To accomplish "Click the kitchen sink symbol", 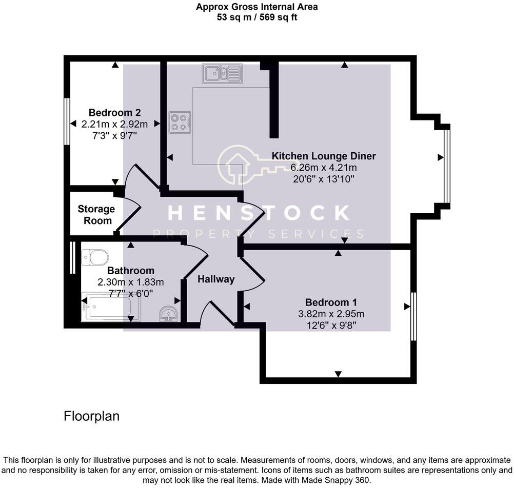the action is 222,73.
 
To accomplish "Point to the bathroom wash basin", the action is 167,313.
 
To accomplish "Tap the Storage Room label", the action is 96,215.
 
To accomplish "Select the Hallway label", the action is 216,279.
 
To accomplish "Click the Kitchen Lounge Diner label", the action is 324,156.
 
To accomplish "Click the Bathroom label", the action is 131,271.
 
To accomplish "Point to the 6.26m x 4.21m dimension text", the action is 324,168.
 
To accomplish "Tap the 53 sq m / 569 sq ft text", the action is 257,17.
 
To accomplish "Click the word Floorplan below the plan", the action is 91,416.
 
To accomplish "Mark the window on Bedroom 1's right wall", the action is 413,316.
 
